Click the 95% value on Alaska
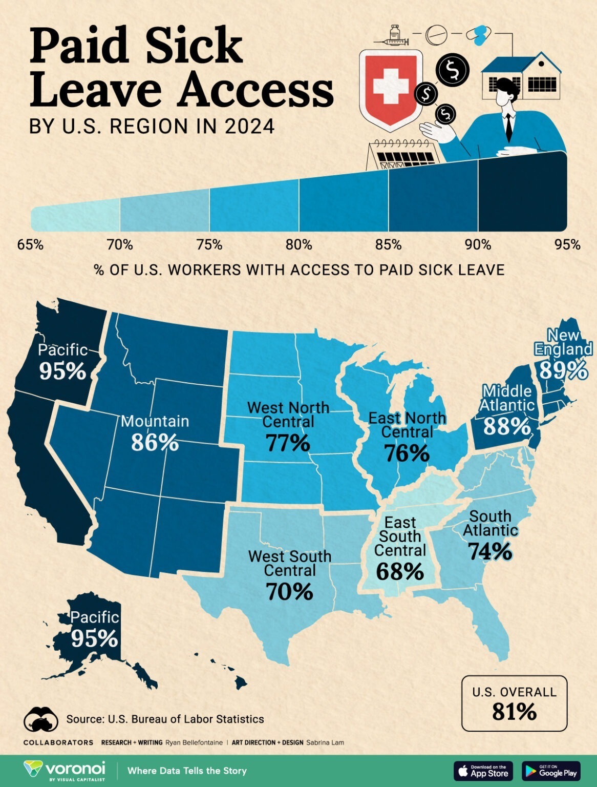95,638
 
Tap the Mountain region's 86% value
155,442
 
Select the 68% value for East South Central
399,571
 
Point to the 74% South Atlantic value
490,551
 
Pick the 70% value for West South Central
289,592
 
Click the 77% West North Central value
288,443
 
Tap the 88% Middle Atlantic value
507,426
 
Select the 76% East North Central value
407,453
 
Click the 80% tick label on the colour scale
298,245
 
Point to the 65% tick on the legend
30,245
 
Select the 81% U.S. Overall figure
514,712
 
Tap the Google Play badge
551,771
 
